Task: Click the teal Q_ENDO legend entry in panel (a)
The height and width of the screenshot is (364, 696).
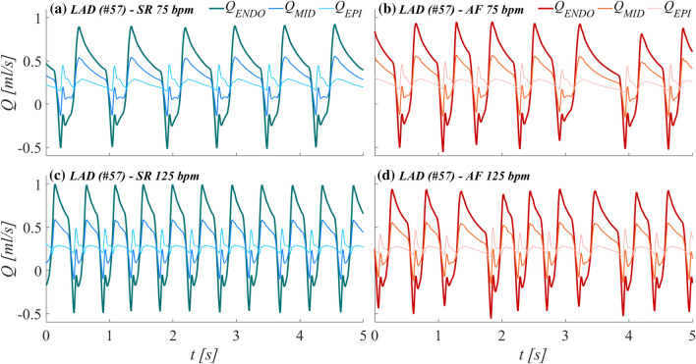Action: click(x=252, y=13)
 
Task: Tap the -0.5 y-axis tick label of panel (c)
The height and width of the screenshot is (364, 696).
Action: click(x=29, y=315)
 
